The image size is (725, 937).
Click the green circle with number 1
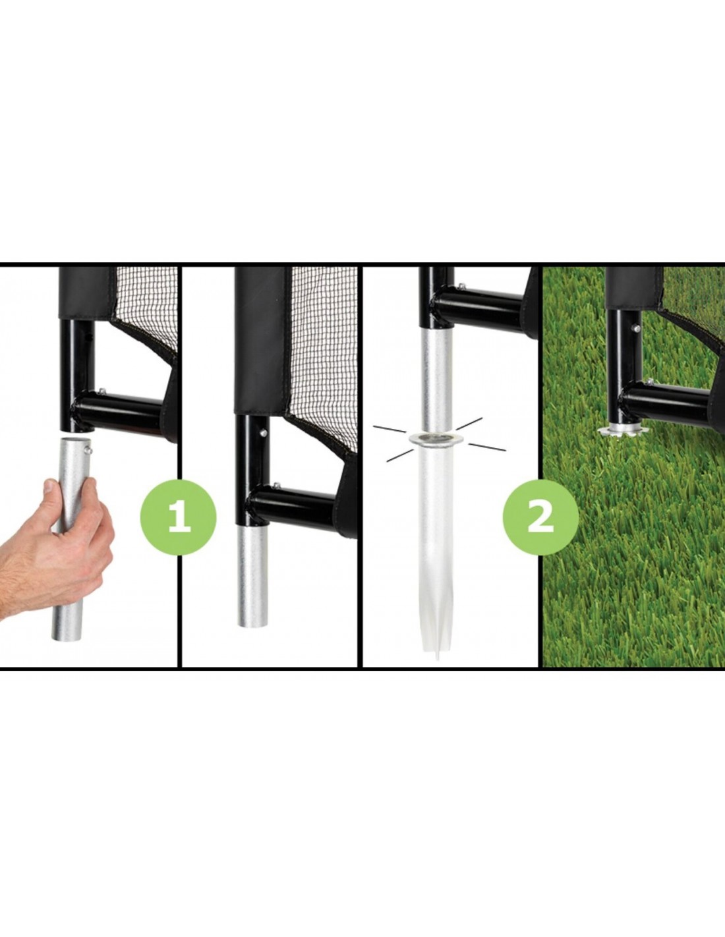(x=178, y=517)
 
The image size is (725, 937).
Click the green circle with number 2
(x=541, y=517)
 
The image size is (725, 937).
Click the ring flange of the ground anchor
(x=436, y=439)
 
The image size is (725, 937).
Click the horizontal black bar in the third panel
(x=478, y=307)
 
